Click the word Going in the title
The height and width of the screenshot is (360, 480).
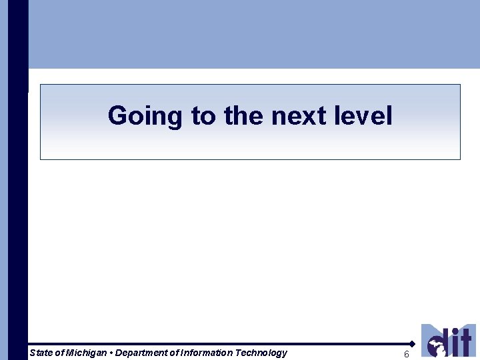tap(145, 116)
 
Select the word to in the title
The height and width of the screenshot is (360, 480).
tap(203, 116)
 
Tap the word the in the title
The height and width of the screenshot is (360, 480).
tap(245, 116)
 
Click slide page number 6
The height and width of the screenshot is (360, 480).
tap(407, 355)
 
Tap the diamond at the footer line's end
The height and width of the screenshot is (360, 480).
tap(413, 344)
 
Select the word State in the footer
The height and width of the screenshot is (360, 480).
tap(41, 353)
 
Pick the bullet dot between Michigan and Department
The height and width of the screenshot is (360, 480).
tap(111, 353)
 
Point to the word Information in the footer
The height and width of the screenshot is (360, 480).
tap(205, 353)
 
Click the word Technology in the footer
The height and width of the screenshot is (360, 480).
tap(261, 353)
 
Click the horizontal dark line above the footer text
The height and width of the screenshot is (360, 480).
tap(220, 344)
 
